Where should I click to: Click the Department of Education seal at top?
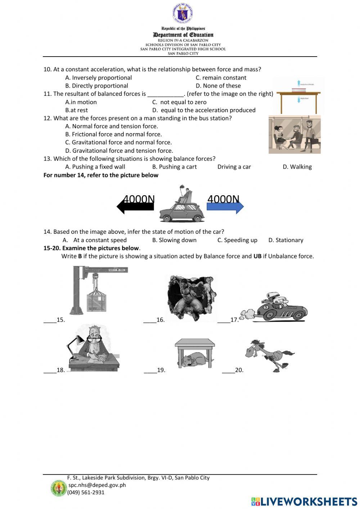(x=183, y=13)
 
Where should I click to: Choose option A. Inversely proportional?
(x=98, y=78)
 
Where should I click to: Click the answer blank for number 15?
(x=50, y=320)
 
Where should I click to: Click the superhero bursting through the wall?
(x=191, y=297)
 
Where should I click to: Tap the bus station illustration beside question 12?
(x=294, y=135)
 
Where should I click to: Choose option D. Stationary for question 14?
(x=286, y=240)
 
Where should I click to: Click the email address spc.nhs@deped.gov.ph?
(x=97, y=485)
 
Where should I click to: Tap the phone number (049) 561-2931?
(x=86, y=492)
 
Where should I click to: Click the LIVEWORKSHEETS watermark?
(x=304, y=501)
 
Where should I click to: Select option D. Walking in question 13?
(x=297, y=167)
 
